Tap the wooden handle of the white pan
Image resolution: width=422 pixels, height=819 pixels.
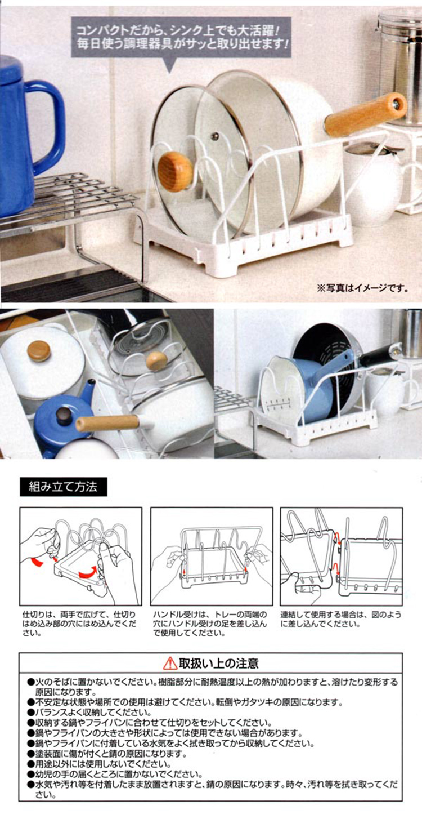click(365, 114)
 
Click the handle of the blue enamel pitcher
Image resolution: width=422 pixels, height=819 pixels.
click(46, 128)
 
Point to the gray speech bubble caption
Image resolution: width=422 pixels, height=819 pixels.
click(181, 38)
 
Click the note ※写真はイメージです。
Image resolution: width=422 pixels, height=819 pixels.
click(362, 288)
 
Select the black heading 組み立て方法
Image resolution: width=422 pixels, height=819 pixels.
click(63, 487)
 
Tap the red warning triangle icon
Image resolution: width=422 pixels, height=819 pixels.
click(170, 663)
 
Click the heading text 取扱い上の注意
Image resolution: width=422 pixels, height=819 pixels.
click(218, 663)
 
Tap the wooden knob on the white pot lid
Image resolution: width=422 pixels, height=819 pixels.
click(39, 351)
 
